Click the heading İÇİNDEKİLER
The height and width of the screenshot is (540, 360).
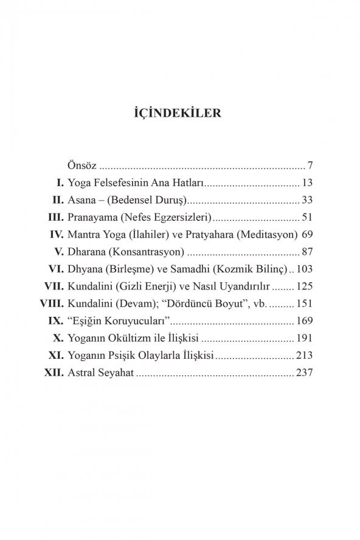pyautogui.click(x=180, y=113)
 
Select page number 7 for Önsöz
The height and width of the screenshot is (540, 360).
pyautogui.click(x=310, y=165)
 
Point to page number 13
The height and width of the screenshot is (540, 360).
pyautogui.click(x=306, y=182)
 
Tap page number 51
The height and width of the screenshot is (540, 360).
pyautogui.click(x=306, y=216)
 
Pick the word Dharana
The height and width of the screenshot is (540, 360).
pyautogui.click(x=89, y=251)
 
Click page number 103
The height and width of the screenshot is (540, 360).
pyautogui.click(x=303, y=268)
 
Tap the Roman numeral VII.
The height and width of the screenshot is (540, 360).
pyautogui.click(x=54, y=285)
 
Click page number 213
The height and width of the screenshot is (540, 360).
pyautogui.click(x=303, y=354)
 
